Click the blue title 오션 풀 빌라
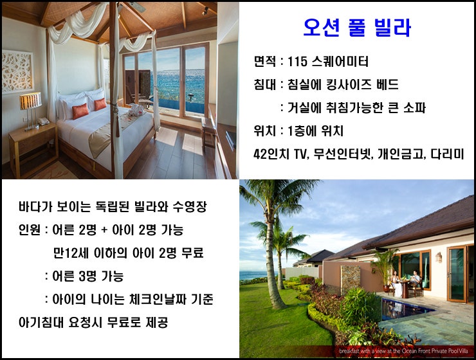(357, 28)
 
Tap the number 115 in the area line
(297, 62)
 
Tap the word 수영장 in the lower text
(190, 207)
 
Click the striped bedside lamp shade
(30, 101)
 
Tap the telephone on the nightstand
(43, 122)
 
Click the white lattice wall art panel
(17, 71)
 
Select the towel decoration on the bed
(136, 110)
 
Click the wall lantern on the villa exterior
(438, 257)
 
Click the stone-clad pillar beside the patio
(351, 280)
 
